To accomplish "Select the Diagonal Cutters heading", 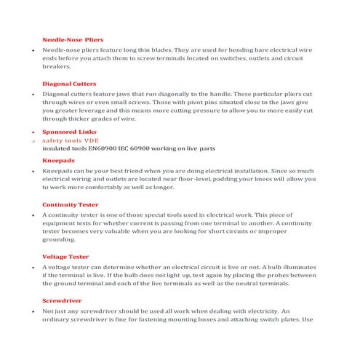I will click(x=70, y=84).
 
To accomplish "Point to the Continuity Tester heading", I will click(x=71, y=205).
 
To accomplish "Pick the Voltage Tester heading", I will click(x=66, y=257).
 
